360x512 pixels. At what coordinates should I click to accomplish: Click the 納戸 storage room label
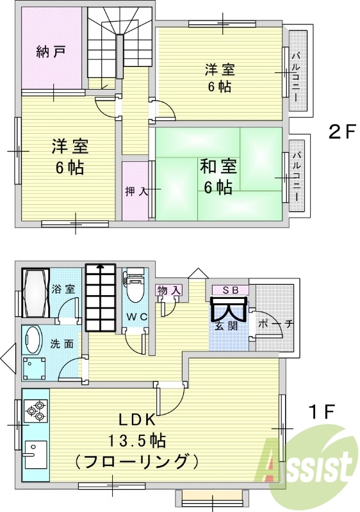pos(51,52)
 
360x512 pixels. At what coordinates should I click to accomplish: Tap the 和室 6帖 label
pos(218,177)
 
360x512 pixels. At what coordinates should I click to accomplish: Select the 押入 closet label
pos(135,191)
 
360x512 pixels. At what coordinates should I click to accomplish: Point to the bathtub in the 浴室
pos(36,293)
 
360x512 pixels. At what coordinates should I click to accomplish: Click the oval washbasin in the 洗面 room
pos(32,340)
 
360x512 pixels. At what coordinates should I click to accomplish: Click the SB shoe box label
pos(231,290)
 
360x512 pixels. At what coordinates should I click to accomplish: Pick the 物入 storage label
pos(168,290)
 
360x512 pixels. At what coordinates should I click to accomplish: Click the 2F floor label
pos(341,132)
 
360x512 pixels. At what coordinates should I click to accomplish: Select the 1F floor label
pos(322,412)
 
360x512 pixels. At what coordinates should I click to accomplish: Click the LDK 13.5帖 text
pos(137,431)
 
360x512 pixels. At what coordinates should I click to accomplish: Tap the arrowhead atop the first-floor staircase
pos(101,266)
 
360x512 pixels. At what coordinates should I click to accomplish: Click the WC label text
pos(137,316)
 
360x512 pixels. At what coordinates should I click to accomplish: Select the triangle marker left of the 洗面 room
pos(8,358)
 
